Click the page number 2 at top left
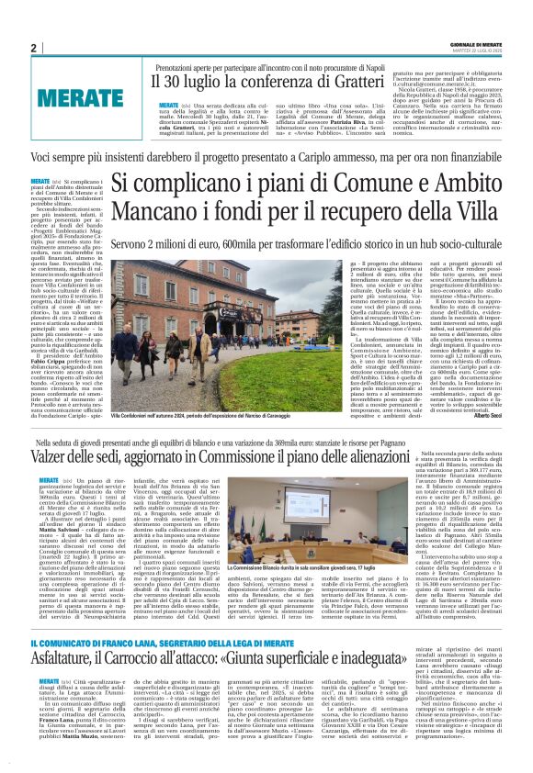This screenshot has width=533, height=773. [33, 48]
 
